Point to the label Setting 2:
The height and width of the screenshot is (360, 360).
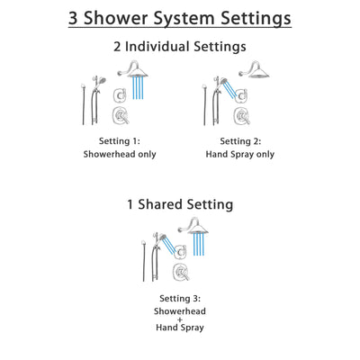[236, 139]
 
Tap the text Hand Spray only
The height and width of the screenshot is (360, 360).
[236, 154]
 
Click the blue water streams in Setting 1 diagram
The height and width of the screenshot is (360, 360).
[138, 89]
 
